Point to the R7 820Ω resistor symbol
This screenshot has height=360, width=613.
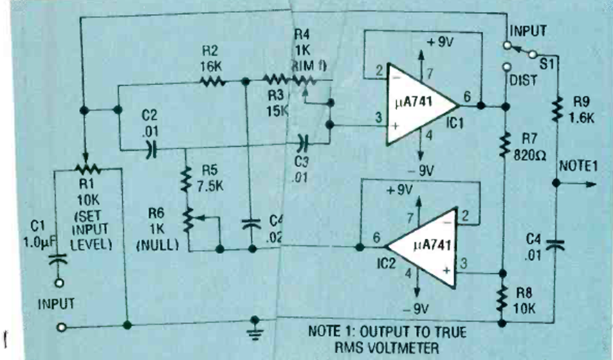coord(504,145)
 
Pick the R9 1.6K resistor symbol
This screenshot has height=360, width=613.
coord(555,107)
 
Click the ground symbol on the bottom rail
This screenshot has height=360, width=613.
coord(257,323)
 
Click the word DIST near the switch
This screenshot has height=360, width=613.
coord(524,81)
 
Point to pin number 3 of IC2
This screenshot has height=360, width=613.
coord(464,262)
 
